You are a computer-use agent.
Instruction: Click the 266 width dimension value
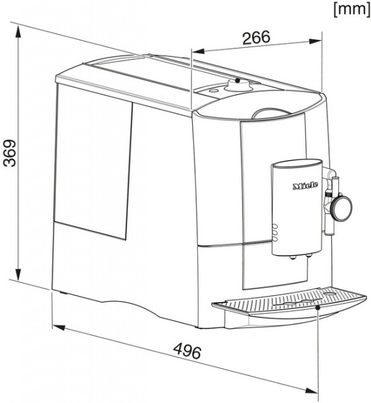click(x=256, y=38)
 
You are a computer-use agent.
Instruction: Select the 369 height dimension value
click(x=11, y=153)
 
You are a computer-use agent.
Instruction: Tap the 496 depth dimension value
click(x=188, y=351)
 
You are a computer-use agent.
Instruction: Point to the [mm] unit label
click(x=351, y=9)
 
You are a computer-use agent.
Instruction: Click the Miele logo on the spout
click(x=305, y=186)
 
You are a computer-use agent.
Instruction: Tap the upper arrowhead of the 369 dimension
click(x=18, y=32)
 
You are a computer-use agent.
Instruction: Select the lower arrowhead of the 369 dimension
click(x=18, y=275)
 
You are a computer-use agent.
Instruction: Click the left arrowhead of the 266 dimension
click(x=198, y=51)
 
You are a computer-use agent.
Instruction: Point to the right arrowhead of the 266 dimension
click(x=316, y=41)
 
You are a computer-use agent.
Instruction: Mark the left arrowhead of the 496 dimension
click(x=59, y=327)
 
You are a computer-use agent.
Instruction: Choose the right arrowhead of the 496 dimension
click(x=312, y=390)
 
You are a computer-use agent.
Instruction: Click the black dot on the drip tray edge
click(x=318, y=307)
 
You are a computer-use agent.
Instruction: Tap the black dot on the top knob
click(x=238, y=80)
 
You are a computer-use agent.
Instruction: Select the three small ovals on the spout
click(x=275, y=232)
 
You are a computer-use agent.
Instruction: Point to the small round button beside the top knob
click(x=213, y=91)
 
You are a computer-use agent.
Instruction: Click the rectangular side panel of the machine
click(x=93, y=162)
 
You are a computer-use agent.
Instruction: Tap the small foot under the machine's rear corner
click(x=63, y=293)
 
